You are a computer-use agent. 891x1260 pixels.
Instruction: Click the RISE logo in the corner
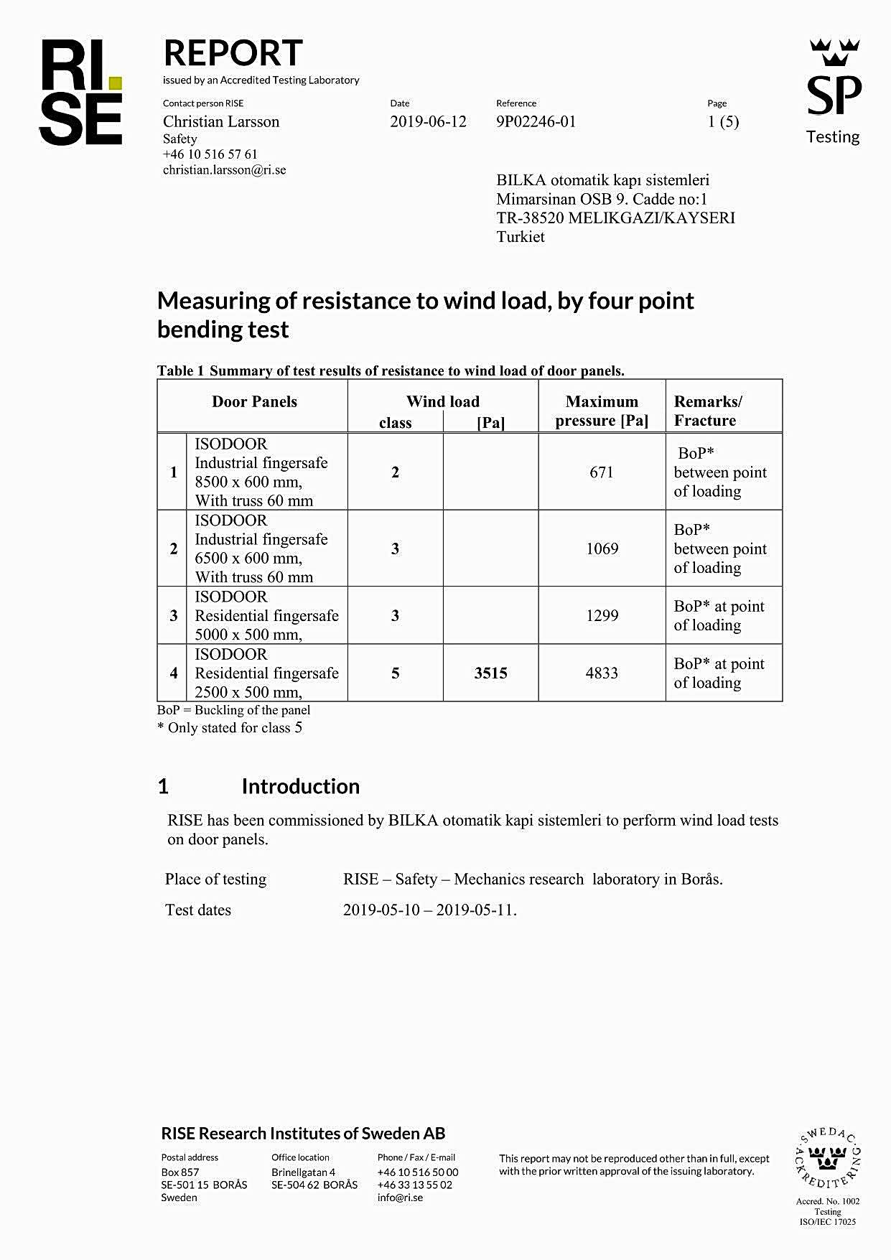[x=80, y=93]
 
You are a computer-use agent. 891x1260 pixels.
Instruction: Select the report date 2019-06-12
[x=428, y=121]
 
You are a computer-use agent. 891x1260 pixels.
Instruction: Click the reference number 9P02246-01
[x=536, y=121]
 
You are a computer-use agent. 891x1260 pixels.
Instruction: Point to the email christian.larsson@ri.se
[x=224, y=170]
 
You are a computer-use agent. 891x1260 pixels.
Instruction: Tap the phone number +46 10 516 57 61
[x=210, y=154]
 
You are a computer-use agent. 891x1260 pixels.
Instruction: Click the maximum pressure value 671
[x=602, y=472]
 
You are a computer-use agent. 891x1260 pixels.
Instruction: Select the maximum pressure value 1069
[x=602, y=549]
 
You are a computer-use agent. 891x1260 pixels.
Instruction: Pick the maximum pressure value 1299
[x=602, y=615]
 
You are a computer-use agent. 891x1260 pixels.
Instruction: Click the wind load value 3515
[x=490, y=673]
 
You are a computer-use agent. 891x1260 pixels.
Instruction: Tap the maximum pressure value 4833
[x=602, y=673]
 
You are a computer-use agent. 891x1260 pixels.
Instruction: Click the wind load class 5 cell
[x=395, y=673]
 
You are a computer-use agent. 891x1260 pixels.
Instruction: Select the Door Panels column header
[x=254, y=402]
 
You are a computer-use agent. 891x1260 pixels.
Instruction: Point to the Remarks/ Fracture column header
[x=708, y=411]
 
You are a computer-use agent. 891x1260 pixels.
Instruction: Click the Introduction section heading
[x=300, y=786]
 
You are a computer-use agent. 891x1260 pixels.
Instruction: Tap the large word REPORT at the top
[x=233, y=53]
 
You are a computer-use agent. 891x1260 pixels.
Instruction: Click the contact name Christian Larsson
[x=221, y=121]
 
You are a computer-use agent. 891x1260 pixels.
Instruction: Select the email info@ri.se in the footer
[x=400, y=1197]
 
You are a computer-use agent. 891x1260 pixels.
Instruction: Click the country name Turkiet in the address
[x=521, y=237]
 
